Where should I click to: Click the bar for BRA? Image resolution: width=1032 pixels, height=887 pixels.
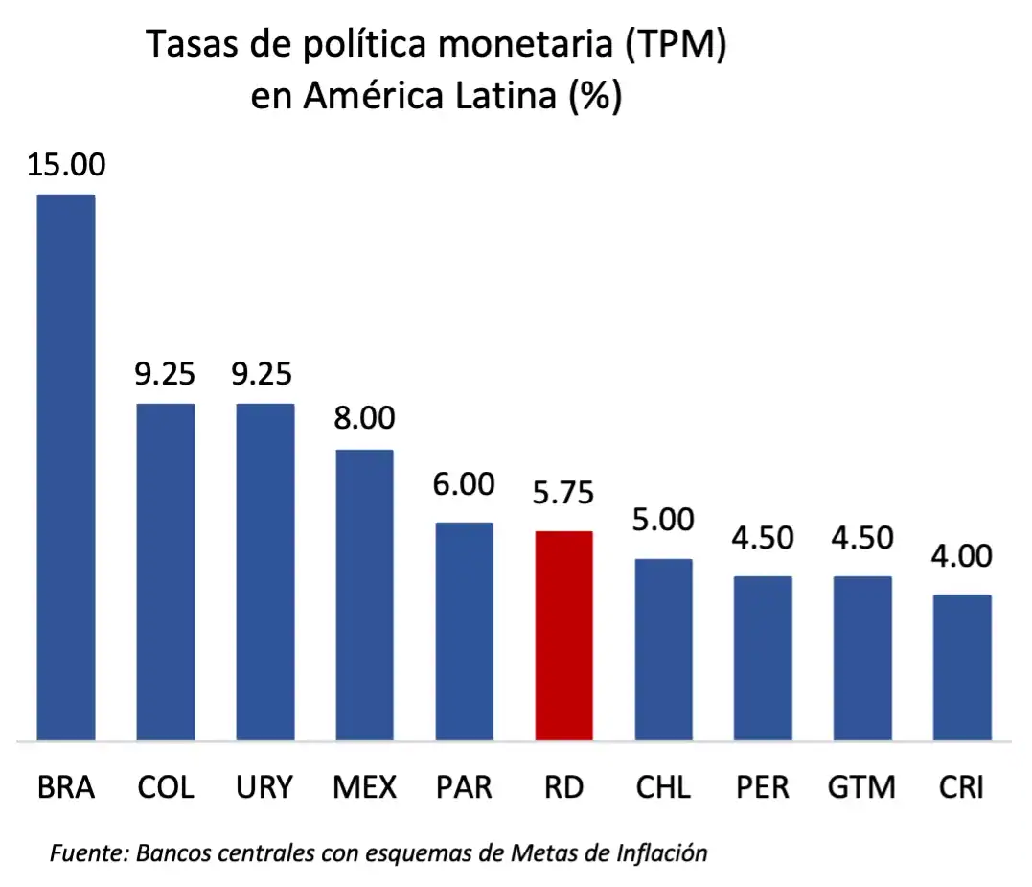pos(66,467)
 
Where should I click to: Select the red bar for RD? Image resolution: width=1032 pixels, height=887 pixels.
pos(563,635)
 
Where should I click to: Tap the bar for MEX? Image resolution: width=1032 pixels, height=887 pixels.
pos(364,595)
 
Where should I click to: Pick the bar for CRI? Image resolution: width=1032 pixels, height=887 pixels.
pos(962,666)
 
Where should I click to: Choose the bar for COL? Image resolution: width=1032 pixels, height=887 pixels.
pos(166,572)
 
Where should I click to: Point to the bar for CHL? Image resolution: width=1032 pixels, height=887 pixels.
pos(663,649)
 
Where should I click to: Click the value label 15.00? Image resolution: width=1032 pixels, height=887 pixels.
pos(66,164)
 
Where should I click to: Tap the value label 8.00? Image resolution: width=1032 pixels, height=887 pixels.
pos(364,419)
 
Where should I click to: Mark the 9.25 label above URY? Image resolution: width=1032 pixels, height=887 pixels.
pos(264,373)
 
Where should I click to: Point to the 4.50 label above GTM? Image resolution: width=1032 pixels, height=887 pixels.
pos(862,538)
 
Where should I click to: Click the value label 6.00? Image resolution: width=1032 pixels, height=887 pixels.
pos(464,484)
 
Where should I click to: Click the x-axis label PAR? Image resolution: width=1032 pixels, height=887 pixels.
pos(464,787)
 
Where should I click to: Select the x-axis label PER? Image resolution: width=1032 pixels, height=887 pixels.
pos(763,787)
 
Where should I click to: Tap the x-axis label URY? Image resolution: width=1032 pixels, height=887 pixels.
pos(264,787)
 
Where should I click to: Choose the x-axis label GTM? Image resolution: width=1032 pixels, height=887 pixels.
pos(862,787)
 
